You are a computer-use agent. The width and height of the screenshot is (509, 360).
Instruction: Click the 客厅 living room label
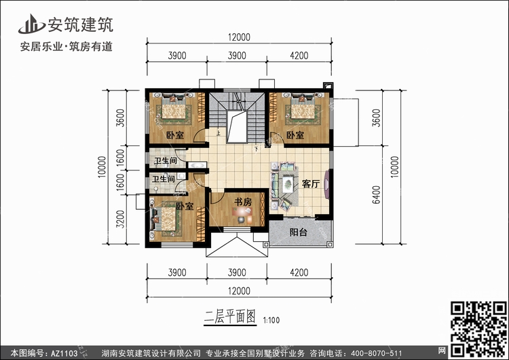[x=311, y=184]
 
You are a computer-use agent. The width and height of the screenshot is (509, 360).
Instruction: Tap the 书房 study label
[x=243, y=202]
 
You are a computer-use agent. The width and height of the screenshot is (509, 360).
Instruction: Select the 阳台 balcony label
[x=299, y=232]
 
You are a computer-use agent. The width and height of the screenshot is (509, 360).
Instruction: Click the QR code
[x=478, y=329]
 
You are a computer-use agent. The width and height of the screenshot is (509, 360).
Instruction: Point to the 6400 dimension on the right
[x=376, y=195]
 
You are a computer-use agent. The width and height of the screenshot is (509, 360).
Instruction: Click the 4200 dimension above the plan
[x=299, y=56]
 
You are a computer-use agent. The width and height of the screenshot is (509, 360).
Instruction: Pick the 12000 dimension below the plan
[x=240, y=291]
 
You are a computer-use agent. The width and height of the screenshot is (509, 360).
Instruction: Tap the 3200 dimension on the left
[x=120, y=219]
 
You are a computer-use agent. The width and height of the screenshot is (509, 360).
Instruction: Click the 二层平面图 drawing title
[x=230, y=317]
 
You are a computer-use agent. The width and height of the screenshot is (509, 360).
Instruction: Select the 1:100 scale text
[x=271, y=321]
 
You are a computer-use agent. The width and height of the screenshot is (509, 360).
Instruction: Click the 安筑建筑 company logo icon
[x=31, y=24]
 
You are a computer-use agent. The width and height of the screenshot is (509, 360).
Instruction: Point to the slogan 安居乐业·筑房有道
[x=67, y=47]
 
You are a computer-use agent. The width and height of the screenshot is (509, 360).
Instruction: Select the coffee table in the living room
[x=288, y=184]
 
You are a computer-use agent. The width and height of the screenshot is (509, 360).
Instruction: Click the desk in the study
[x=242, y=212]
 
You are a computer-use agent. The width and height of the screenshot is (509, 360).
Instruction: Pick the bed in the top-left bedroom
[x=174, y=109]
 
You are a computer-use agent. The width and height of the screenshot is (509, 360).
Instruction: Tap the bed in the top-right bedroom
[x=303, y=109]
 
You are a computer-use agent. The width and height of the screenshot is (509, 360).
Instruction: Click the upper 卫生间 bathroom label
[x=166, y=160]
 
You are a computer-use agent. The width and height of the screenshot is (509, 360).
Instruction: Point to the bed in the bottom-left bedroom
[x=165, y=219]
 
